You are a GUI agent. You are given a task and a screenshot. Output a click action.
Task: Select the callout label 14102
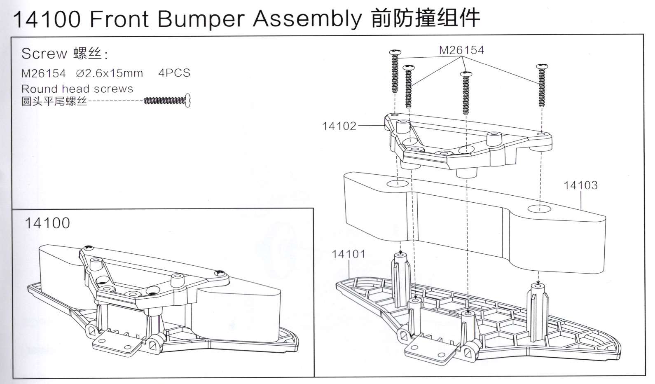(x=339, y=126)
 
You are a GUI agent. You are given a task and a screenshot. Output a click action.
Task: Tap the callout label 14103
(x=580, y=185)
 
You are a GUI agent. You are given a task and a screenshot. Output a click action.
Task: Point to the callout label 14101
(x=349, y=254)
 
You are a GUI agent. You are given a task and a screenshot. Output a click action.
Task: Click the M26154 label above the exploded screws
(x=461, y=50)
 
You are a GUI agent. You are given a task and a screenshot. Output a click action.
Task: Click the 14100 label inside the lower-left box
(x=47, y=223)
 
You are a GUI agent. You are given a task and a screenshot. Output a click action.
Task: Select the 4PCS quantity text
(x=174, y=73)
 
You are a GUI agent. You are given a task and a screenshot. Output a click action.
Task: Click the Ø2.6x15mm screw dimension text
(x=110, y=73)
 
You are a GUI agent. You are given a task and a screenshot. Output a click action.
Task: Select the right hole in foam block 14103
(x=539, y=208)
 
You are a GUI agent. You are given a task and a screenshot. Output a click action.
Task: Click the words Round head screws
(x=77, y=89)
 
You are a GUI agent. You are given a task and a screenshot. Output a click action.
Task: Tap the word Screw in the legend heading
(x=44, y=54)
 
